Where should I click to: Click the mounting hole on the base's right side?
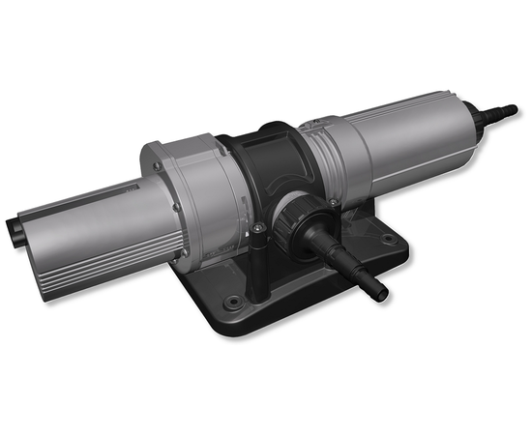(x=389, y=239)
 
